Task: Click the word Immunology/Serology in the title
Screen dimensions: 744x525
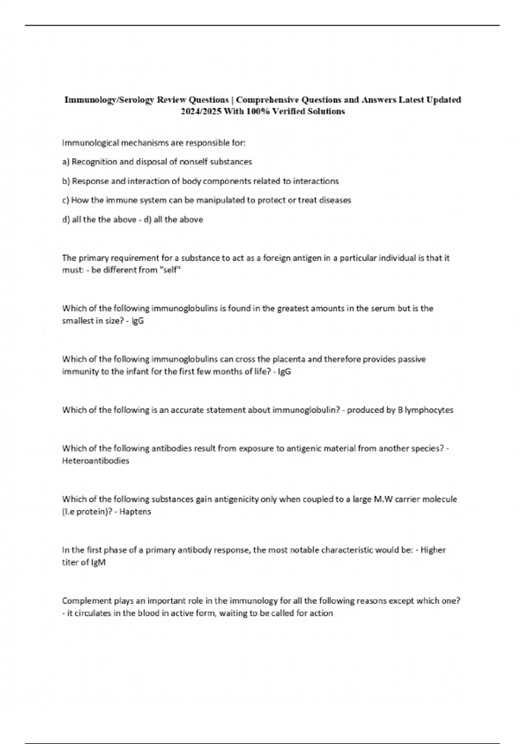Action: pyautogui.click(x=109, y=100)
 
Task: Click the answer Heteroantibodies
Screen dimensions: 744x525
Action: pyautogui.click(x=95, y=461)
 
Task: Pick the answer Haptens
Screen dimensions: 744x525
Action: pyautogui.click(x=135, y=512)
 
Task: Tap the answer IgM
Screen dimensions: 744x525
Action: pyautogui.click(x=98, y=562)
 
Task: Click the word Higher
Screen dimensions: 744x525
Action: pyautogui.click(x=433, y=550)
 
